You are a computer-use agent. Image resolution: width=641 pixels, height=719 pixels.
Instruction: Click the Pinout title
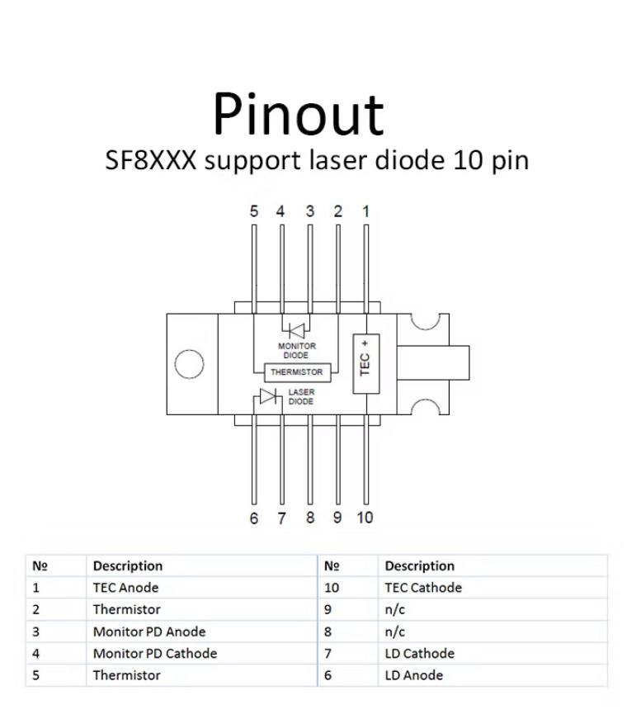click(x=299, y=114)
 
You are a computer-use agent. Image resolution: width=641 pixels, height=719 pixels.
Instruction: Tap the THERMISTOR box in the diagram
click(x=297, y=372)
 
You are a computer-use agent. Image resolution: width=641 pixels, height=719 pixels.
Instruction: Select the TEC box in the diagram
click(x=366, y=364)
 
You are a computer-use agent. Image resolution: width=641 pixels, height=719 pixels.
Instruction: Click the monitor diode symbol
click(x=296, y=331)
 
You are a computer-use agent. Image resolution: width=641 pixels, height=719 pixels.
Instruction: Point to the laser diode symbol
click(x=268, y=396)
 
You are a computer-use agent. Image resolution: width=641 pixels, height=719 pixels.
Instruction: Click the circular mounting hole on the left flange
click(x=189, y=364)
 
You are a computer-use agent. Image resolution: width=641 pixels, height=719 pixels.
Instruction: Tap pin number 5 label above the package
click(x=254, y=211)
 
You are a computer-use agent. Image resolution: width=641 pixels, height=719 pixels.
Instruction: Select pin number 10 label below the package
click(x=365, y=518)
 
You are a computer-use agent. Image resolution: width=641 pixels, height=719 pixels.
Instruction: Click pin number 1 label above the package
click(x=365, y=211)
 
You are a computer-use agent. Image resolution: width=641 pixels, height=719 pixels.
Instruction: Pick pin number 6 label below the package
click(x=254, y=518)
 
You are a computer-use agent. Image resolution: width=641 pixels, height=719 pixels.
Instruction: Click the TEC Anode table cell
click(x=125, y=588)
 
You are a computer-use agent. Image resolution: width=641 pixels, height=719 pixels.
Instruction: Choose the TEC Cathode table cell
click(x=423, y=588)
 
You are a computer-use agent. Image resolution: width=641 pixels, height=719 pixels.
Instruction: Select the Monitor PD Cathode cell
click(x=155, y=654)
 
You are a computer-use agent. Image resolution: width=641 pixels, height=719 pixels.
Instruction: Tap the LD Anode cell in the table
click(x=414, y=675)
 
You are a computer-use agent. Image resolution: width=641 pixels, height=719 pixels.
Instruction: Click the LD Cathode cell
click(x=420, y=654)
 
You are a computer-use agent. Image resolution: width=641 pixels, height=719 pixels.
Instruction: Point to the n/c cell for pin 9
click(x=395, y=610)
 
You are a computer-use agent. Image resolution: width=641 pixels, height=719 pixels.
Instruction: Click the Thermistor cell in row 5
click(x=126, y=675)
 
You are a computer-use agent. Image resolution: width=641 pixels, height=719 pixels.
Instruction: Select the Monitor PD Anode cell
click(x=149, y=631)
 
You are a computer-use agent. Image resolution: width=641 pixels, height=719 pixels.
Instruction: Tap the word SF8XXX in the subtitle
click(x=151, y=160)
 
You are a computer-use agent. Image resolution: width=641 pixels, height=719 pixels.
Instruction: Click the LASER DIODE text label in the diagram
click(x=301, y=396)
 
